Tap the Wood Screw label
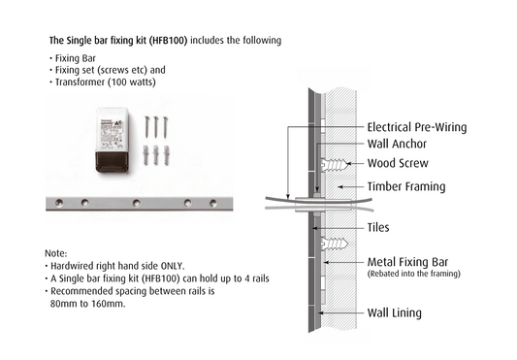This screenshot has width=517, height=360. pyautogui.click(x=398, y=163)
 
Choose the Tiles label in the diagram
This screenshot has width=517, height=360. pyautogui.click(x=381, y=229)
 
